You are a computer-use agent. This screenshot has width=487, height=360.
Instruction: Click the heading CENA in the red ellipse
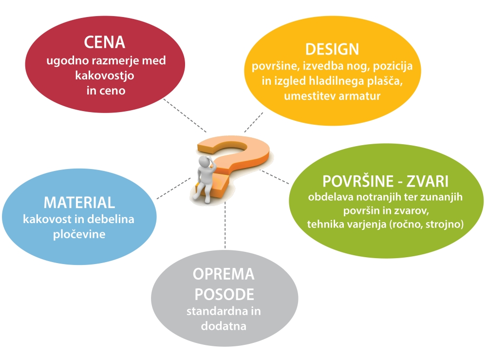104,42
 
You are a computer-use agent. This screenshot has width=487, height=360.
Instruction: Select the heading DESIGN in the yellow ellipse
332,49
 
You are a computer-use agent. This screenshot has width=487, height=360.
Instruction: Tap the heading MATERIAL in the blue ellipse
79,203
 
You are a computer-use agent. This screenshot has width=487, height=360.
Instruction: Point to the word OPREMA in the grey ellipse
224,274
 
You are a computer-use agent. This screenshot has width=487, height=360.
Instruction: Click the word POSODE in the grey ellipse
224,294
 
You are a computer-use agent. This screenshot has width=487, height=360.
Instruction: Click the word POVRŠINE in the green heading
358,181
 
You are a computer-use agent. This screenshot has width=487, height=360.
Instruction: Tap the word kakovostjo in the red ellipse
105,76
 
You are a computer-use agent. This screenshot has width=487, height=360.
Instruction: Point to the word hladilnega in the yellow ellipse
337,81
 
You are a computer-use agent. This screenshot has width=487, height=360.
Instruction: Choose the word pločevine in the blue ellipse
79,234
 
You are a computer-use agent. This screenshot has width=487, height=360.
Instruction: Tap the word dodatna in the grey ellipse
224,326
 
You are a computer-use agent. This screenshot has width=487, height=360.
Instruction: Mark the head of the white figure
205,162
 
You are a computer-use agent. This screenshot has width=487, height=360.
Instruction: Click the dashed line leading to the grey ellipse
225,225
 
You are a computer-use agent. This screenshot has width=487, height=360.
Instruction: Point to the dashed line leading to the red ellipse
185,115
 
